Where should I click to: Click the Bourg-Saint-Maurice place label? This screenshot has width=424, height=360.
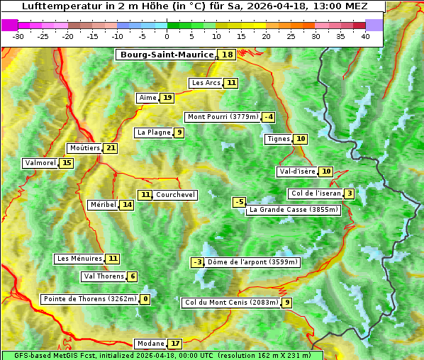point(167,55)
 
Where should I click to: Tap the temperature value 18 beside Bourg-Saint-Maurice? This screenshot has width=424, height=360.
point(227,55)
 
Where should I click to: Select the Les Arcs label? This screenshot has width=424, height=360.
point(206,83)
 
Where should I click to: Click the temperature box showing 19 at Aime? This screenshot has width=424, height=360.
point(167,98)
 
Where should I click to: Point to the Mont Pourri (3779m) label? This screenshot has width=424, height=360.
point(222,117)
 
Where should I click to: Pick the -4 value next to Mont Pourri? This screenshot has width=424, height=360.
point(268,117)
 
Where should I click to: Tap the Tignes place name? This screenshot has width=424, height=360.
point(278,139)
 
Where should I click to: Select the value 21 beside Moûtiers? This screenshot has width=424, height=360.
point(110,148)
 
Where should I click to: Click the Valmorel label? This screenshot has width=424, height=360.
point(40,163)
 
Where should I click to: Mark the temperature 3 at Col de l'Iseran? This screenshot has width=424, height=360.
point(350,194)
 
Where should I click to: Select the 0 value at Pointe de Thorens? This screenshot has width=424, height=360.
point(145,299)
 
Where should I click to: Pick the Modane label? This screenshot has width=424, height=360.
point(150,344)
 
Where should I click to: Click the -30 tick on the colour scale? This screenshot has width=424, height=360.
point(18,36)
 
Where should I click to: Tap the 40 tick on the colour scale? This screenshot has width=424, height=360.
point(365,36)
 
